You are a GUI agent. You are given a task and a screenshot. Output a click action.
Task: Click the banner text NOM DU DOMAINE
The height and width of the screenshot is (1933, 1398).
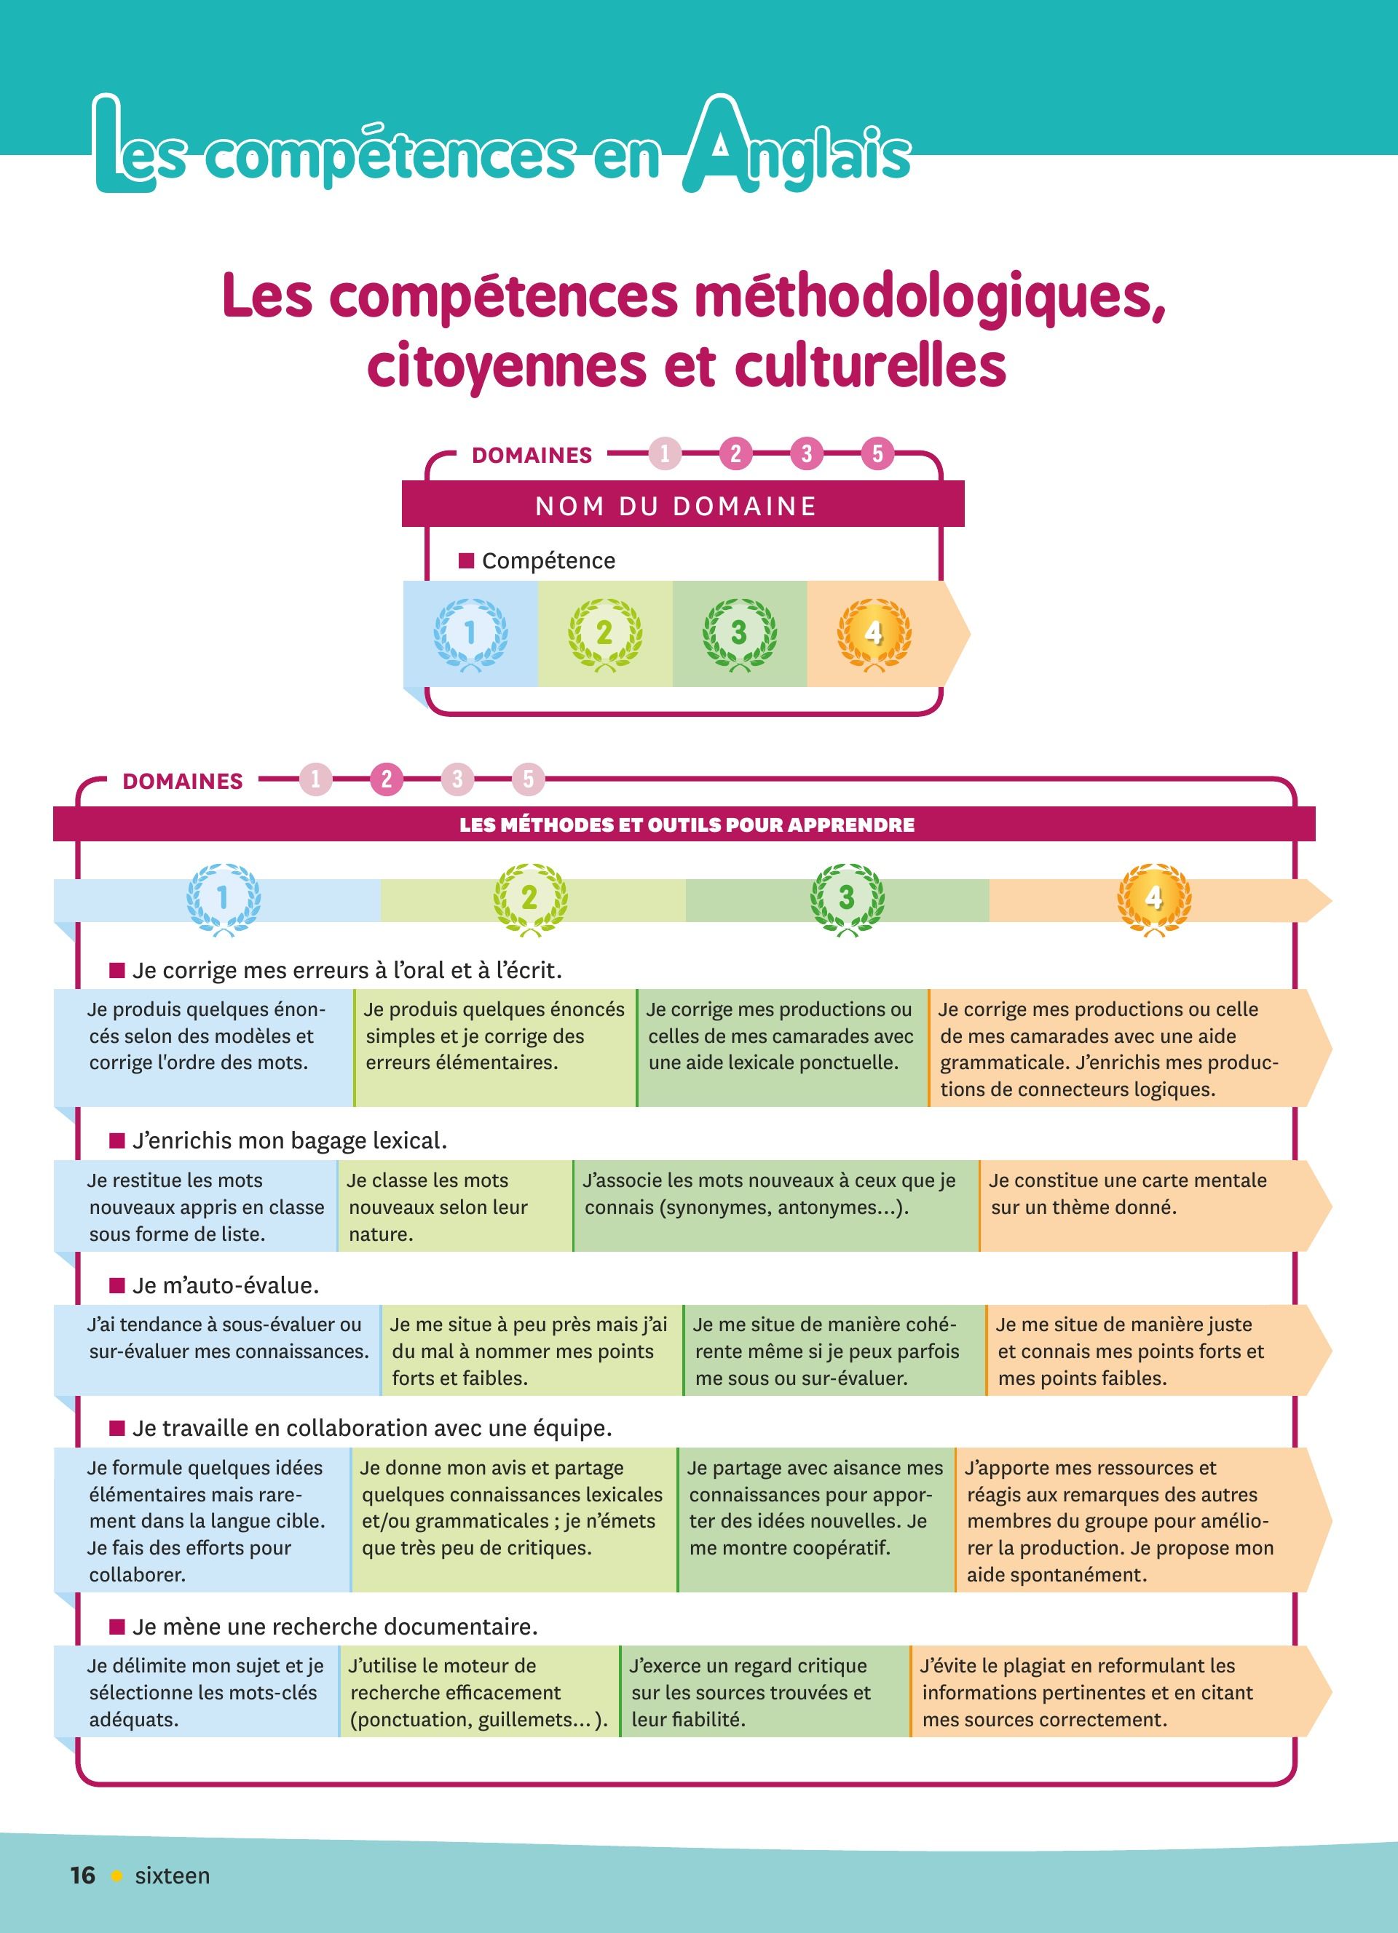(x=675, y=507)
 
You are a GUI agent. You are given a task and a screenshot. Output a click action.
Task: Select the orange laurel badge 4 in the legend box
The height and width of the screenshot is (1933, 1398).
(x=874, y=633)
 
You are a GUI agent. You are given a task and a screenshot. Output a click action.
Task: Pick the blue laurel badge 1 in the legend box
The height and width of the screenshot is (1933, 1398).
(x=470, y=633)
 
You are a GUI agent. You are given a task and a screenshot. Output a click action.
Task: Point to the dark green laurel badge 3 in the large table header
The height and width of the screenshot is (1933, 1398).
(x=847, y=898)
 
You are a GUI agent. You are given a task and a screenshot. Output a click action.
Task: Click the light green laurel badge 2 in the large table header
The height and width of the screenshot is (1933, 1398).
(x=529, y=898)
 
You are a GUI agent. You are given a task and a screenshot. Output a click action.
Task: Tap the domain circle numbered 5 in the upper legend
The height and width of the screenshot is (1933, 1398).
(x=877, y=453)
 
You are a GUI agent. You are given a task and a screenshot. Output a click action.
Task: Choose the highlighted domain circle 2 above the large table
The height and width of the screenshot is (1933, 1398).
(x=386, y=779)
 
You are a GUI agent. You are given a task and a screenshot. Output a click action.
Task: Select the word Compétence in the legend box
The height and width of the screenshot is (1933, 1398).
(x=548, y=561)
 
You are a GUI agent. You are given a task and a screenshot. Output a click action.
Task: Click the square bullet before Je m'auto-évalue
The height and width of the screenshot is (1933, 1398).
(x=118, y=1285)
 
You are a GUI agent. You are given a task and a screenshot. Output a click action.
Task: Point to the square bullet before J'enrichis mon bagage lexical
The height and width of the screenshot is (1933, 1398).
(x=118, y=1140)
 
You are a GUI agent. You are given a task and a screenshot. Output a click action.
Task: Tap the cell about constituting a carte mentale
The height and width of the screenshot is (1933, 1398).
(x=1142, y=1205)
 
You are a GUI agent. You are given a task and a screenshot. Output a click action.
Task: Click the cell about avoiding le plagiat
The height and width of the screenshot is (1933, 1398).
(x=1108, y=1693)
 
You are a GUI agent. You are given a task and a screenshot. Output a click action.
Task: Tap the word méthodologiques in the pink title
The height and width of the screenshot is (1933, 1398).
(x=929, y=297)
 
